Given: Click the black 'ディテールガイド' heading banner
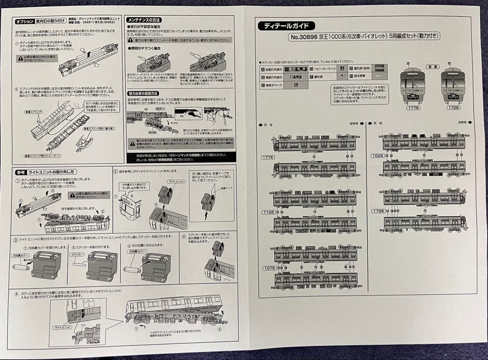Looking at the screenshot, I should (286, 26).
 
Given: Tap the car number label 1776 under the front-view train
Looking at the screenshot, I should (413, 108).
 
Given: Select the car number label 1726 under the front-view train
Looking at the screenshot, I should (452, 108).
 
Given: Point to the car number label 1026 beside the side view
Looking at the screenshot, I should (378, 156).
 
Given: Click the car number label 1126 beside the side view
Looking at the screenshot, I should (268, 212).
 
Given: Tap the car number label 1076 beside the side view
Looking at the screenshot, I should (269, 268).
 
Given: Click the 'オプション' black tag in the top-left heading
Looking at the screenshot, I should (24, 22).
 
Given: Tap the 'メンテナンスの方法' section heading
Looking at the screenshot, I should (144, 20).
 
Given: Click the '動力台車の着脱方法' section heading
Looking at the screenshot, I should (143, 93).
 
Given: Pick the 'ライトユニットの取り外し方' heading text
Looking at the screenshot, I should (52, 172).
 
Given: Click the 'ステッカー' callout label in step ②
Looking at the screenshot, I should (77, 255).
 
